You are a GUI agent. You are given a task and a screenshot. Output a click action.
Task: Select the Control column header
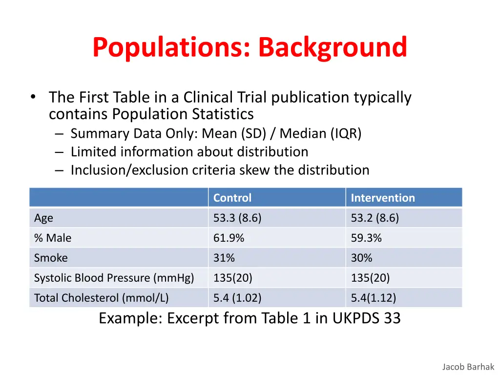point(232,198)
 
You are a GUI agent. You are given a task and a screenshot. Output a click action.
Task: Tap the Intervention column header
point(383,198)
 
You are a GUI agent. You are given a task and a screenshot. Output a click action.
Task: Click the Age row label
point(43,218)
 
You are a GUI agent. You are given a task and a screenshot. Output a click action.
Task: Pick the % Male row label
point(53,238)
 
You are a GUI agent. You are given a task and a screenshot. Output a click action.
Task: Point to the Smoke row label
point(51,258)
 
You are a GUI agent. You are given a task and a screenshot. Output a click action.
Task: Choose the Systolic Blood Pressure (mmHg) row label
point(114,278)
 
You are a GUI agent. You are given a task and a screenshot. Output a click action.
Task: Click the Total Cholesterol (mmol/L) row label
point(101,298)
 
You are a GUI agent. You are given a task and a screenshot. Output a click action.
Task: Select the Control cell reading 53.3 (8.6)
point(237,218)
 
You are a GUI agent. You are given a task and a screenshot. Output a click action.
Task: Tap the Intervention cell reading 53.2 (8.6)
point(375,218)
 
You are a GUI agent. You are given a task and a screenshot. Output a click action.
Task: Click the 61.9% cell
point(229,238)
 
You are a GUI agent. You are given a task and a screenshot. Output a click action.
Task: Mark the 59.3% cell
point(366,238)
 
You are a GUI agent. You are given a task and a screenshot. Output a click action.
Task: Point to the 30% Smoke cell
point(362,258)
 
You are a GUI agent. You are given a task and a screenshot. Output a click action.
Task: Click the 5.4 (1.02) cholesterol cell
point(237,298)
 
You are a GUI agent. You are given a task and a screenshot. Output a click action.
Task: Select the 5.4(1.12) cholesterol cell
point(374,298)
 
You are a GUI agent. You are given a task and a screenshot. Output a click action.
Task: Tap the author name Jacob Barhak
point(468,367)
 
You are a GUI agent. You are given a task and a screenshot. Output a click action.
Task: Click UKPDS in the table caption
point(356,318)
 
